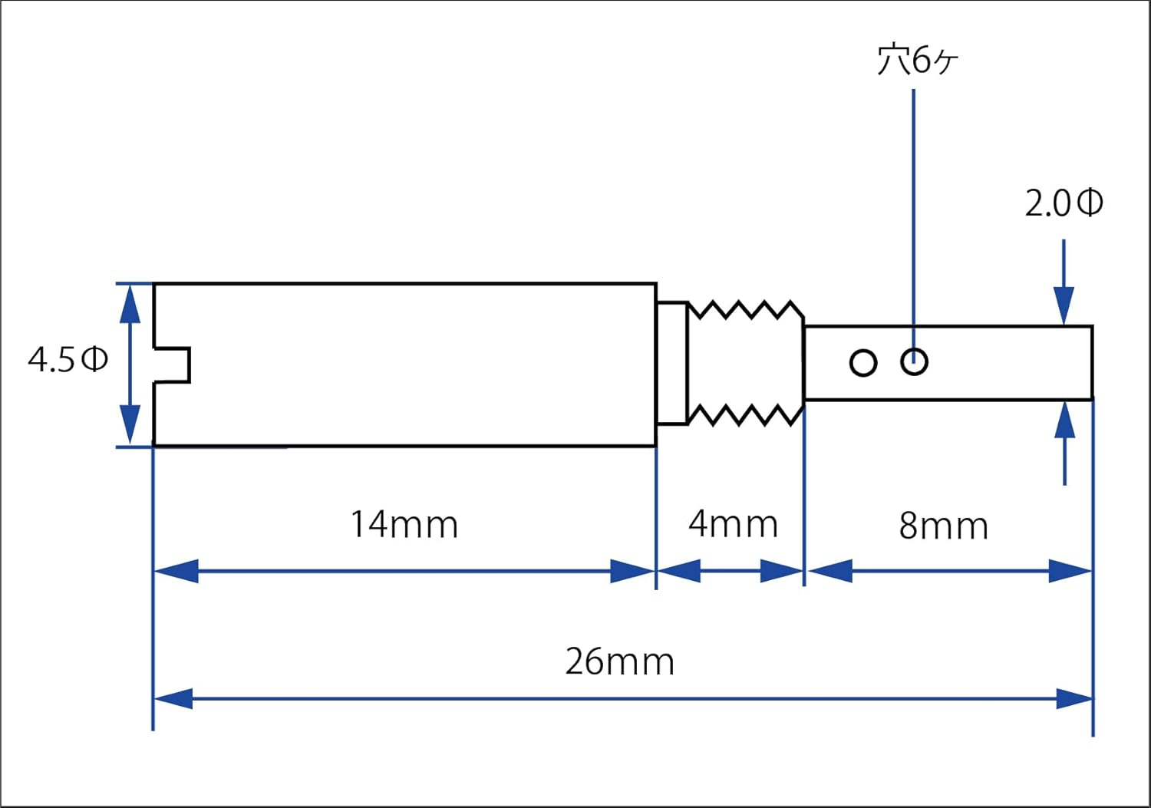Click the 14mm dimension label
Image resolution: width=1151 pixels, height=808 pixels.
404,525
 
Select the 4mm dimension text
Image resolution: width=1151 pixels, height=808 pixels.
733,524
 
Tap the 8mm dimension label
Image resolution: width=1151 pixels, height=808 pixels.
943,526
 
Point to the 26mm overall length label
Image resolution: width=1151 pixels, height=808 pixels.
619,661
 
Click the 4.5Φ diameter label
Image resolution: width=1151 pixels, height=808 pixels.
68,359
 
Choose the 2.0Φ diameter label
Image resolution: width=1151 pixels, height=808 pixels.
1064,203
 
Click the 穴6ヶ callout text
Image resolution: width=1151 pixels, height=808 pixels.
917,60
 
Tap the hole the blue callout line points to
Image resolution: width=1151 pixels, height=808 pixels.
914,361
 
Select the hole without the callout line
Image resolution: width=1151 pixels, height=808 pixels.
863,362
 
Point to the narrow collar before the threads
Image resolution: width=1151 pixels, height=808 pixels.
672,362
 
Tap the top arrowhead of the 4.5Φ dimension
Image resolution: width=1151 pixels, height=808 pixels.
130,302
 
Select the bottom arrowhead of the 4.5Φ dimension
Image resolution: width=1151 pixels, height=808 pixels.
130,427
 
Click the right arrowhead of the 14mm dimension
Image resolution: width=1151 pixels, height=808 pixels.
632,571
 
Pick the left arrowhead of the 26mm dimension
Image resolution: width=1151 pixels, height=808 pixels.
173,699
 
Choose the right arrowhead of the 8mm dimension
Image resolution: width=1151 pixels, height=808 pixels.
1070,571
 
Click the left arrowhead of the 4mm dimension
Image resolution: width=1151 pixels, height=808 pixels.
679,571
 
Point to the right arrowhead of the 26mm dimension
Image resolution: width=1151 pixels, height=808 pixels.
1073,699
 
